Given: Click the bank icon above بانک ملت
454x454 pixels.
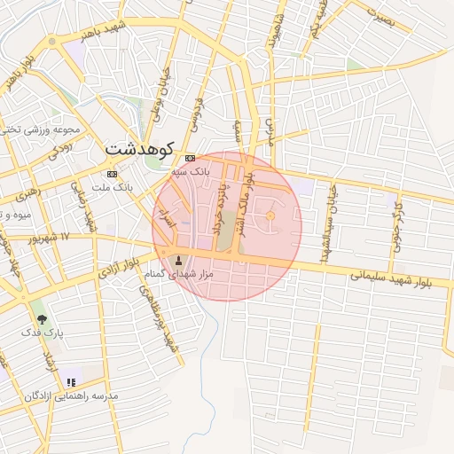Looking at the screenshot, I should pyautogui.click(x=112, y=174).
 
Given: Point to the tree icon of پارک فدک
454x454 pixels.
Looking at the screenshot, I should pyautogui.click(x=41, y=317).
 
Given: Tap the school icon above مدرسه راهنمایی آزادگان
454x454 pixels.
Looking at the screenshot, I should pyautogui.click(x=69, y=382).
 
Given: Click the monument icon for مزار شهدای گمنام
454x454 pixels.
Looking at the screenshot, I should pyautogui.click(x=181, y=261).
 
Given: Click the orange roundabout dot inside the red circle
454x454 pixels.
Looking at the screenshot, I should pyautogui.click(x=270, y=216).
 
